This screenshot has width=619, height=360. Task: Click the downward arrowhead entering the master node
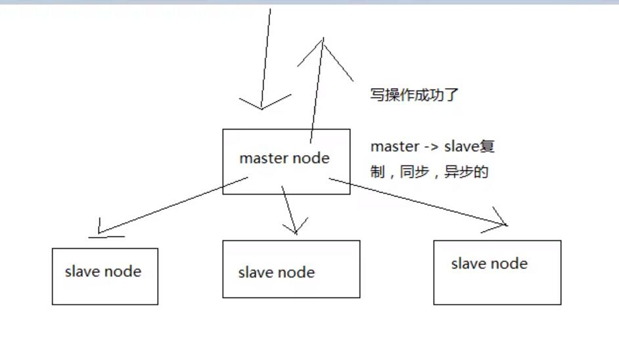tap(262, 105)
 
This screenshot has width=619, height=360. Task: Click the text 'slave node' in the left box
tap(103, 271)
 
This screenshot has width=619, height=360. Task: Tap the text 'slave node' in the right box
tap(490, 263)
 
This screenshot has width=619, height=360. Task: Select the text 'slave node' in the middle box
tap(277, 272)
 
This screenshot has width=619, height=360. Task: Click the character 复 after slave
tap(487, 146)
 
